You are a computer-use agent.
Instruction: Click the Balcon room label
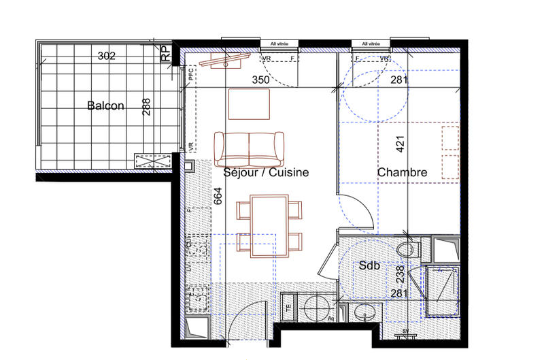[105, 105]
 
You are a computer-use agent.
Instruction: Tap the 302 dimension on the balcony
[106, 56]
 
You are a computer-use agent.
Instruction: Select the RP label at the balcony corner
[165, 54]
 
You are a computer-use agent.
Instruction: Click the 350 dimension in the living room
[262, 80]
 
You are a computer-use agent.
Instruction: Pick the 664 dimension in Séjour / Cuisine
[218, 195]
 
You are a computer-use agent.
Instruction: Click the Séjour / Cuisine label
[266, 173]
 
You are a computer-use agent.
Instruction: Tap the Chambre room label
[403, 173]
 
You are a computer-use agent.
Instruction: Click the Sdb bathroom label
[370, 266]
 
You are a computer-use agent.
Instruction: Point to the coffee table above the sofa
[250, 103]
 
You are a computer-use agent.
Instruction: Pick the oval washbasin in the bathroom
[365, 314]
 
